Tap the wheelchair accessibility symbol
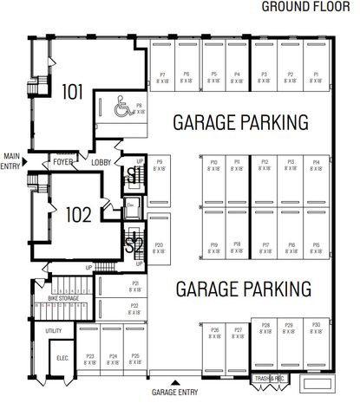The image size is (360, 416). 121,107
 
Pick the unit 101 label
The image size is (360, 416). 73,91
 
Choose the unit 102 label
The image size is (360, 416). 78,214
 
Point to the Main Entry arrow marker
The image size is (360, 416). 27,161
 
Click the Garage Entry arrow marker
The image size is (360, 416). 177,382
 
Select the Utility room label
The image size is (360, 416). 54,330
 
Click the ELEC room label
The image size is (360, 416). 62,357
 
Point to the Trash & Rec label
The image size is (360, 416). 270,379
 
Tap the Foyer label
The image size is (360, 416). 62,161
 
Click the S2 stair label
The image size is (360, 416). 134,246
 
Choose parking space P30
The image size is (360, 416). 316,327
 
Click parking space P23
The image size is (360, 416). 90,358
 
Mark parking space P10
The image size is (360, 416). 213,165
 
